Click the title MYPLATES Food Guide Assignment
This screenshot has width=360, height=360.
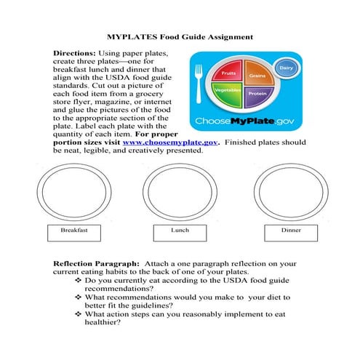point(180,35)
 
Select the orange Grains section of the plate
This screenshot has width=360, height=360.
point(255,75)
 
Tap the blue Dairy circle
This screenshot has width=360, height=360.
point(285,68)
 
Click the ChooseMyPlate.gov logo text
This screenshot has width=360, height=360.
point(245,120)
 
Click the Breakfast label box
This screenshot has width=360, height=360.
point(74,231)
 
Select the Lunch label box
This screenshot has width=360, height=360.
point(180,231)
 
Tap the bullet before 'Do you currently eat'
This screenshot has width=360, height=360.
point(79,280)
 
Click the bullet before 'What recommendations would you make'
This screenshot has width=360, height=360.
point(79,297)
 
